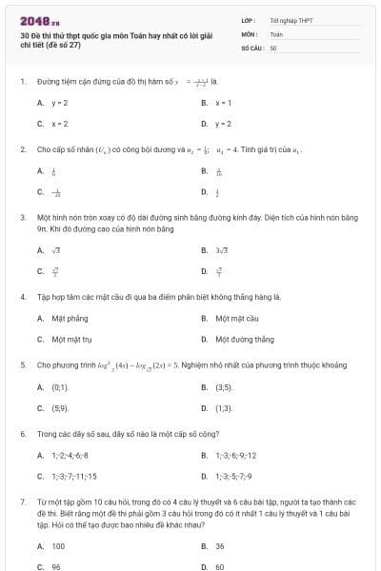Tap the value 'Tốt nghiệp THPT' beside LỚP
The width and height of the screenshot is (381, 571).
point(291,20)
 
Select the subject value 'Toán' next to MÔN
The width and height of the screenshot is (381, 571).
point(277,33)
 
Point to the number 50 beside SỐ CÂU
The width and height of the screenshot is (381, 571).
point(273,47)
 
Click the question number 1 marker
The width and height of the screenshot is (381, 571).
point(22,82)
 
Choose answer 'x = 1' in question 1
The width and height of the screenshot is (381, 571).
point(224,102)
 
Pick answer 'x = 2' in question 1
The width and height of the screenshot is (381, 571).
point(59,124)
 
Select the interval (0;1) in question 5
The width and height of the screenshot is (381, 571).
point(60,387)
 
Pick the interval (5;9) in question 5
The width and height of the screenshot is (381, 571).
point(60,408)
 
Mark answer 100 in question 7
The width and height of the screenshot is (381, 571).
point(58,546)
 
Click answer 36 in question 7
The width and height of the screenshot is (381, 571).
point(220,546)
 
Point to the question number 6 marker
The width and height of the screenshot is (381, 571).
point(22,433)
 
